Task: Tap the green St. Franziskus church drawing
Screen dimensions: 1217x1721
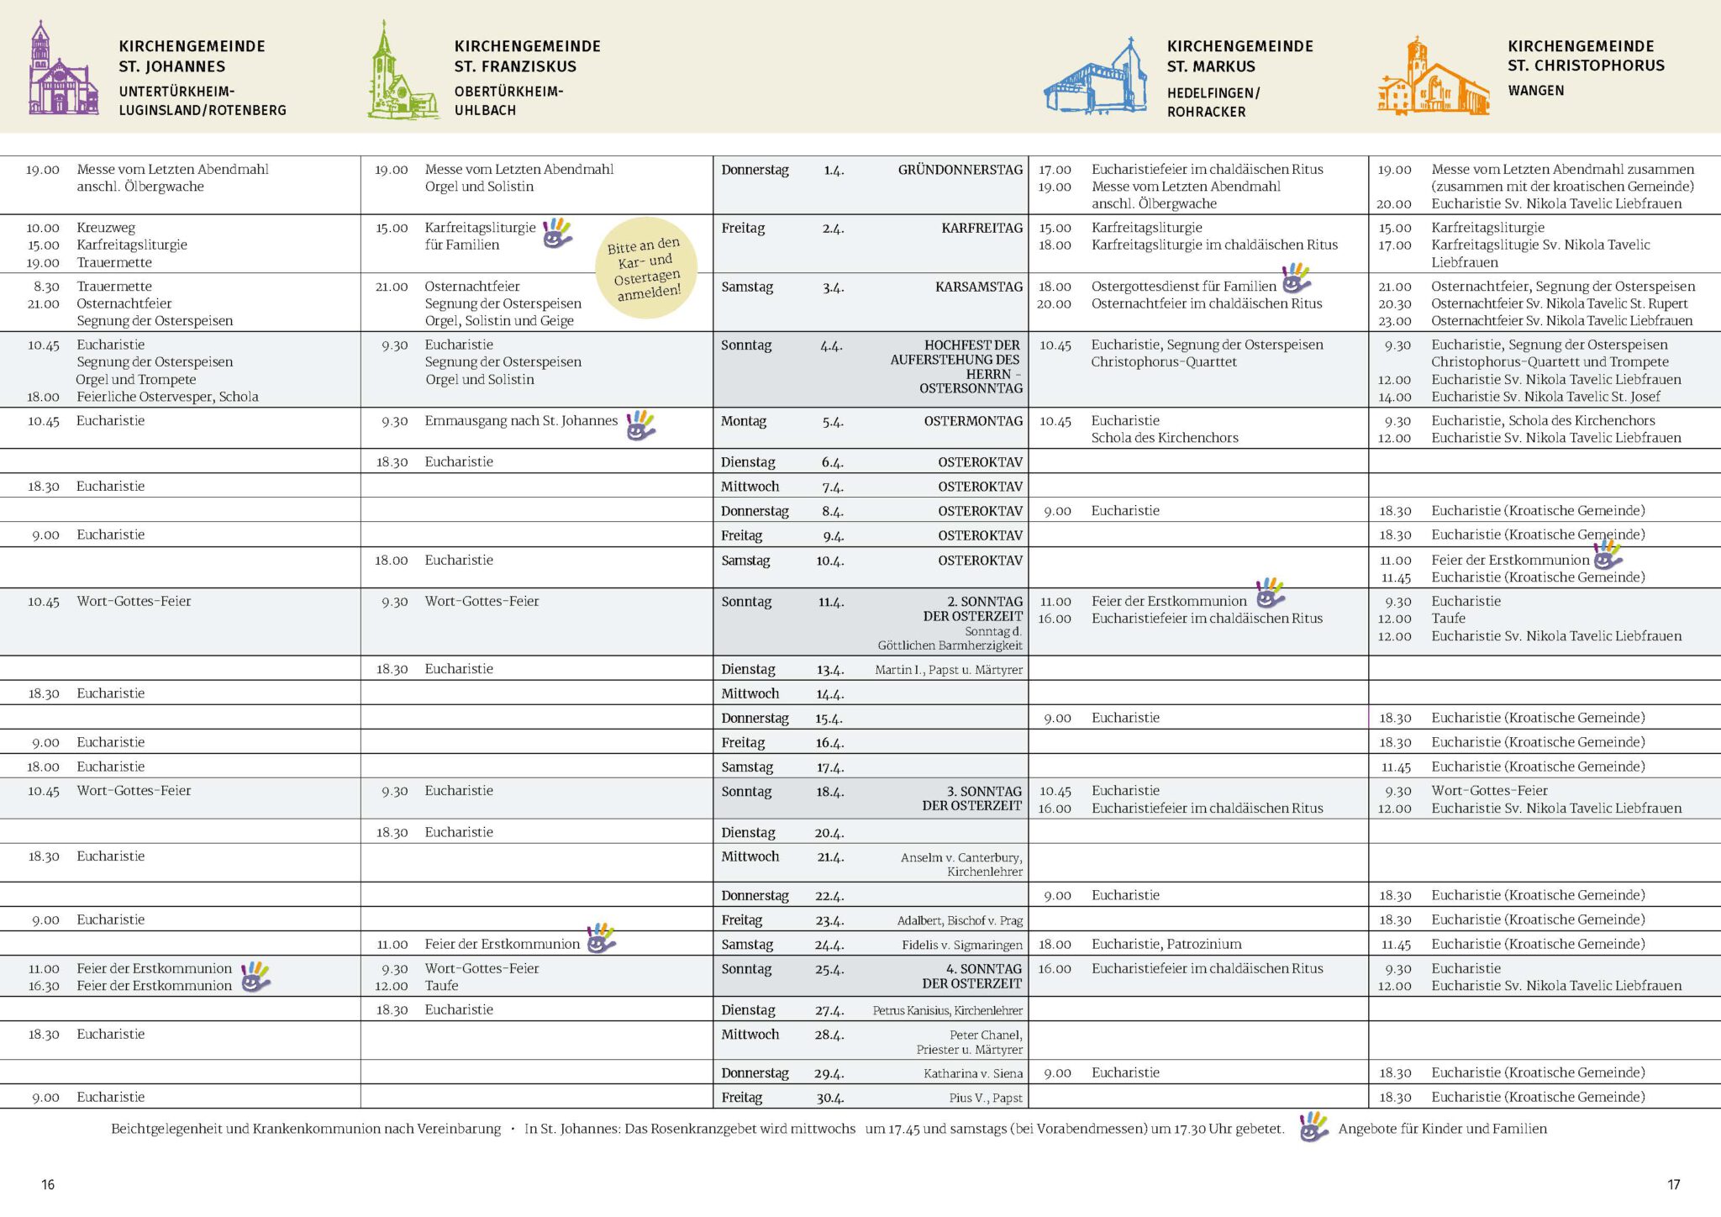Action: tap(402, 74)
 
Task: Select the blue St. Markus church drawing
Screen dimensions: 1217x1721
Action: tap(1096, 79)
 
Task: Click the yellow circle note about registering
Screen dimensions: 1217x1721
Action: tap(645, 268)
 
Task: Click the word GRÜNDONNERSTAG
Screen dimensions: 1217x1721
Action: tap(960, 170)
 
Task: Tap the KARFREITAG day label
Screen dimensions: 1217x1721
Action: tap(982, 228)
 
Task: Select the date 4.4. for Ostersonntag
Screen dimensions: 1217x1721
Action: tap(832, 345)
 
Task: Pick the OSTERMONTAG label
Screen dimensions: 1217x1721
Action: tap(973, 421)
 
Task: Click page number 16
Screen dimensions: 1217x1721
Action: tap(48, 1184)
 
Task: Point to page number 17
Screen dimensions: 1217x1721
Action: tap(1673, 1184)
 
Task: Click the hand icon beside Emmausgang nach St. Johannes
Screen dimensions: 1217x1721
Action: tap(640, 425)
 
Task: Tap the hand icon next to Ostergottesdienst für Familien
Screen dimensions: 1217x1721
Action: tap(1296, 278)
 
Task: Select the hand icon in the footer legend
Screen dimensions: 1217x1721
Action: tap(1313, 1127)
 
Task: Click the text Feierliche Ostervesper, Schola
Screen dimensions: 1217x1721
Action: tap(167, 397)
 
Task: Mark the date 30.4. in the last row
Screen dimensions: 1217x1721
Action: tap(829, 1098)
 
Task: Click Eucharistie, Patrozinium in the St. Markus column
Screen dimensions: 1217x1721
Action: tap(1166, 944)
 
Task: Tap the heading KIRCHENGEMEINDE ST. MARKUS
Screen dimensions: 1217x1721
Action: tap(1239, 56)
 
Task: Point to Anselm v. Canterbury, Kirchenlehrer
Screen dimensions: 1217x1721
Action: tap(961, 864)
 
